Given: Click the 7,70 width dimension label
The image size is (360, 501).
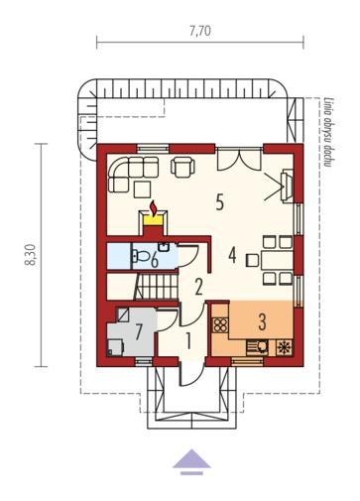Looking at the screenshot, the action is [x=200, y=31].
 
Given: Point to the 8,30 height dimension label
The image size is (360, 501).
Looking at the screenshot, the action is [x=30, y=255].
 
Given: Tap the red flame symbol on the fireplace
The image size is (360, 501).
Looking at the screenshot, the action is [x=154, y=208].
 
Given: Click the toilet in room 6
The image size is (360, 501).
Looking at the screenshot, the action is [x=140, y=256].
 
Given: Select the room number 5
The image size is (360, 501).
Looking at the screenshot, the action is [x=220, y=202].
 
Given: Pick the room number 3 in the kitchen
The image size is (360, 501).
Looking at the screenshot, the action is [x=262, y=321].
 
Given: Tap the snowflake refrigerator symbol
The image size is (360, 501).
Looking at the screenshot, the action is [x=285, y=347].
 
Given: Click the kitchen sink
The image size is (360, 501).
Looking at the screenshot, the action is [x=257, y=347].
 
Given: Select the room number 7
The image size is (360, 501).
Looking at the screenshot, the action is [x=139, y=331].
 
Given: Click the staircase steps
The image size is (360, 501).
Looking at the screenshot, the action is [x=157, y=287].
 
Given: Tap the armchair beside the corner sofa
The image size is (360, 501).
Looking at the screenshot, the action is [x=182, y=167].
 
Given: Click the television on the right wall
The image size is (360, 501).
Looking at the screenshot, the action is [x=287, y=186].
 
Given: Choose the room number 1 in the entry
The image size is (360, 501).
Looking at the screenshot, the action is [x=188, y=340].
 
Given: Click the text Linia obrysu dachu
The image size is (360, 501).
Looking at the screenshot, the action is [x=328, y=132].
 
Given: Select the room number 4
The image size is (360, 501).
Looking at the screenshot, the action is [x=233, y=255].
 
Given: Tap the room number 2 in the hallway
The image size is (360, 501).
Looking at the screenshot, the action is [x=198, y=287].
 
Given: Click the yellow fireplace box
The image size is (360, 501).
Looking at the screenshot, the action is [x=154, y=220].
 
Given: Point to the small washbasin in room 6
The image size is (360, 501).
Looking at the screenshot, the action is [x=164, y=247].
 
